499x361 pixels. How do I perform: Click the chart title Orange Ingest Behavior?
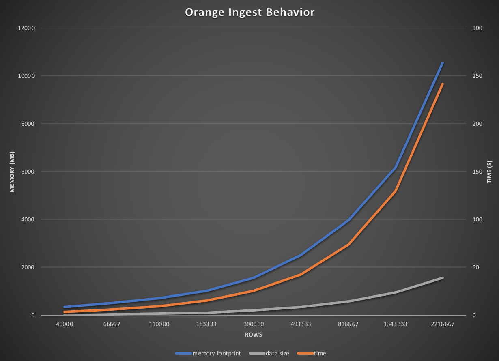click(x=249, y=13)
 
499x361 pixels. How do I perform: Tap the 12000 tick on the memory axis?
click(x=27, y=28)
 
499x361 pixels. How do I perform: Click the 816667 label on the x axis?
click(x=348, y=324)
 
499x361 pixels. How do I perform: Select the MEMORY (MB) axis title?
click(x=12, y=172)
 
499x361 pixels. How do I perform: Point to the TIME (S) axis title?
click(x=490, y=172)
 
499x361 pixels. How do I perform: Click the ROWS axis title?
click(x=253, y=335)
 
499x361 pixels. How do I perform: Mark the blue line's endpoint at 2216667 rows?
click(x=443, y=63)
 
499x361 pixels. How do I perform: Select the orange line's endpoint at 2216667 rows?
click(x=443, y=84)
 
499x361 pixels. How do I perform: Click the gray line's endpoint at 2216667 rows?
click(x=443, y=278)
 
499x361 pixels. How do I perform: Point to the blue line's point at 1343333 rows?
click(x=395, y=168)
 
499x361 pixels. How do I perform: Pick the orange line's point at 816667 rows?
click(x=348, y=245)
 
